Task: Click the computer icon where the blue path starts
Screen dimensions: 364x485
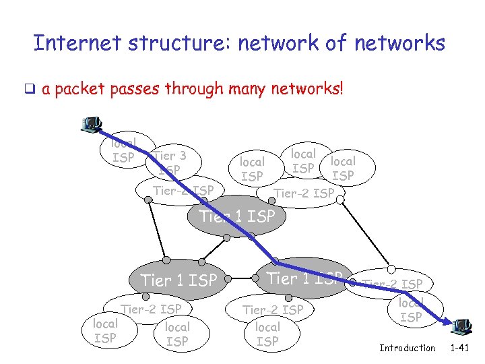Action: [90, 124]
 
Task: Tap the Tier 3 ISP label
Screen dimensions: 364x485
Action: [169, 162]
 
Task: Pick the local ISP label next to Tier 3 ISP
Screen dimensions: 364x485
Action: [123, 150]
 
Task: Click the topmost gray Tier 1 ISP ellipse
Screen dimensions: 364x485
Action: [237, 216]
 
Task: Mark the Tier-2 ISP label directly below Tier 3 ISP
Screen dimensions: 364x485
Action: [183, 191]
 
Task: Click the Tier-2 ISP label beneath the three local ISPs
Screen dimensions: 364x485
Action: [304, 194]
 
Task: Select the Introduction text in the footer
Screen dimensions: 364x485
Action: [407, 348]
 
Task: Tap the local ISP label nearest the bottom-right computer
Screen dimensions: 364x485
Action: [411, 310]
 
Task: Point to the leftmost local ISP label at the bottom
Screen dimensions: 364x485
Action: [105, 331]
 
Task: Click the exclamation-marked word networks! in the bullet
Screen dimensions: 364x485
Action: [306, 89]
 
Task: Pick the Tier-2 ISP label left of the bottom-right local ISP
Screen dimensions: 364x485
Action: [393, 284]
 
